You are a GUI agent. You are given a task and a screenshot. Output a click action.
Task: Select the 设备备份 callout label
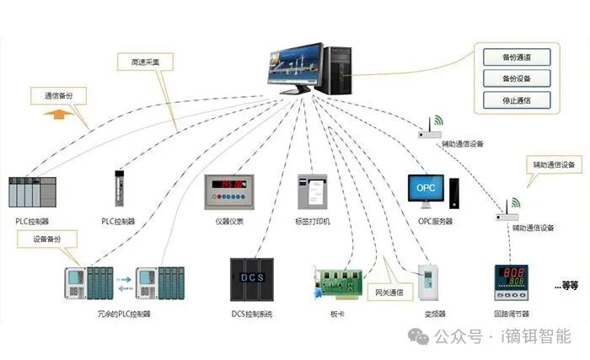[48, 239]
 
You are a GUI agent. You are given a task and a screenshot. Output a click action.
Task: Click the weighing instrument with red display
[229, 191]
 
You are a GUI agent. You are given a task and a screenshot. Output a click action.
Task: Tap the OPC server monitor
[428, 191]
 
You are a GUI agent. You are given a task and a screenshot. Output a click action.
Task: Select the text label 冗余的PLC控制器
[124, 314]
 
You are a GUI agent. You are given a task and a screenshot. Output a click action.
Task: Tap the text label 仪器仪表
[229, 222]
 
